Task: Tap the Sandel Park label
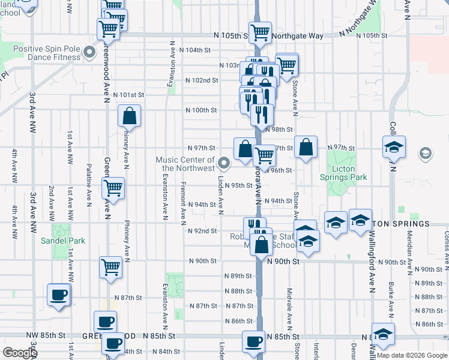pos(63,241)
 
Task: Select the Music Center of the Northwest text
pos(185,164)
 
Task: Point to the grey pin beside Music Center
pos(224,163)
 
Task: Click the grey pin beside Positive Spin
pos(90,53)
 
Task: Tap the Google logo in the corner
pos(20,353)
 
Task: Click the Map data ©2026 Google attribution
pos(412,355)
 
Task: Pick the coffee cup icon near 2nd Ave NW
pos(59,295)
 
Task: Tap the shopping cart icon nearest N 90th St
pos(110,268)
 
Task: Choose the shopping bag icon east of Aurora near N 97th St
pos(306,147)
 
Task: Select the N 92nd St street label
pos(202,230)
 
